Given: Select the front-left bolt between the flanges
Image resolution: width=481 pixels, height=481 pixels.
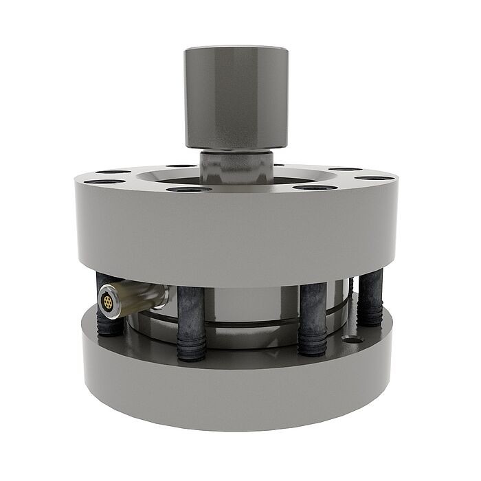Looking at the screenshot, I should pyautogui.click(x=190, y=316).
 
